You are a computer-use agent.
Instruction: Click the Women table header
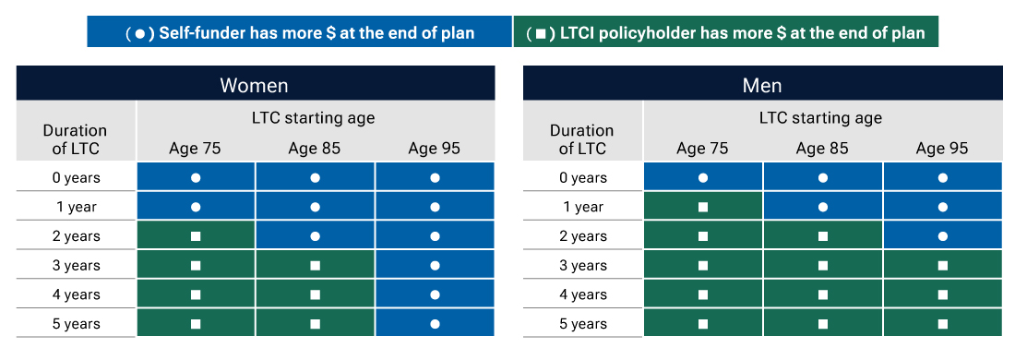coord(254,85)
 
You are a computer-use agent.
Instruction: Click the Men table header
coord(762,85)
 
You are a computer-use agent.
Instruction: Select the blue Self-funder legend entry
coord(300,32)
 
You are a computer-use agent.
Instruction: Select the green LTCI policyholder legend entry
coord(725,32)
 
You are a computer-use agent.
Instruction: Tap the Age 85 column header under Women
coord(315,149)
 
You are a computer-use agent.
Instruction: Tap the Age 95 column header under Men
coord(942,149)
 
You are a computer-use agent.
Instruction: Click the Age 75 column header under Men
coord(702,149)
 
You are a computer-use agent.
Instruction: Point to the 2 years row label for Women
coord(75,236)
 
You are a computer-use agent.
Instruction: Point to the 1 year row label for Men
coord(582,207)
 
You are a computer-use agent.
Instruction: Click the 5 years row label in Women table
coord(75,324)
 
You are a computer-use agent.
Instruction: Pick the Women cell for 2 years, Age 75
coord(196,236)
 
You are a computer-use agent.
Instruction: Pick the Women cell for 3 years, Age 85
coord(315,266)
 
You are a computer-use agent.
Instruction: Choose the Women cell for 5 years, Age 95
coord(435,324)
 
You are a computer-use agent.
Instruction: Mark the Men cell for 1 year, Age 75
coord(702,207)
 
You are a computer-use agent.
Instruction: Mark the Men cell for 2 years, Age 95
coord(942,236)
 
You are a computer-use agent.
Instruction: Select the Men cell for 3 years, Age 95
coord(942,266)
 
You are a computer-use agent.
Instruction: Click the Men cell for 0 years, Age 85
coord(822,177)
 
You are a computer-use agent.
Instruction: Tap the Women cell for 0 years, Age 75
coord(196,177)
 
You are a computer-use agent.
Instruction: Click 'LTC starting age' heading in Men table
coord(820,118)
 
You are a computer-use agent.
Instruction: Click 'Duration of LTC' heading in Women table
coord(75,138)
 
